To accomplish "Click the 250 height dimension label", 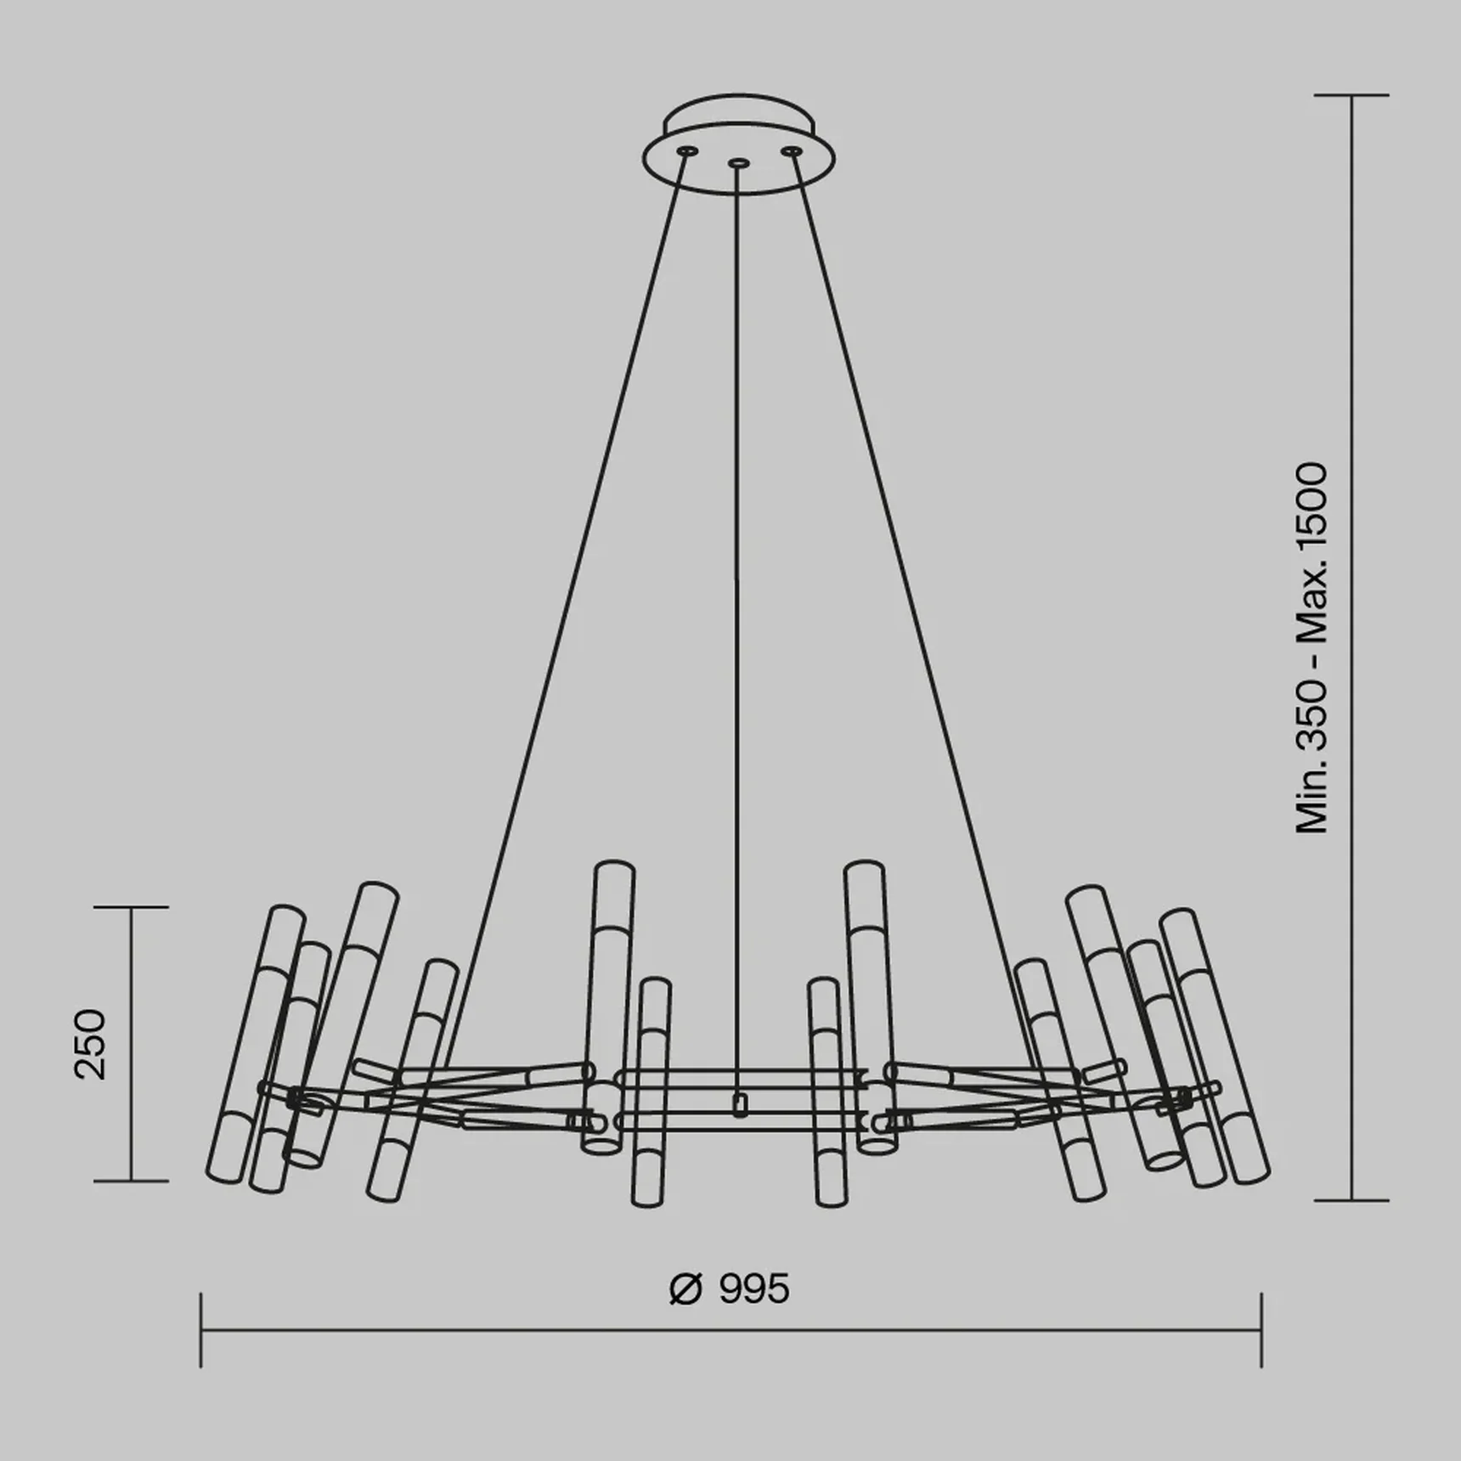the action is [91, 1044].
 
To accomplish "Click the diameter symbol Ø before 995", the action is [686, 1289].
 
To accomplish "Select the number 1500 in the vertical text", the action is [1312, 506].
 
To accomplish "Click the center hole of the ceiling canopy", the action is [739, 161].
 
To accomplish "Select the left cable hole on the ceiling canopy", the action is [686, 151].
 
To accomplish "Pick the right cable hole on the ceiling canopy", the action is [793, 151].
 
